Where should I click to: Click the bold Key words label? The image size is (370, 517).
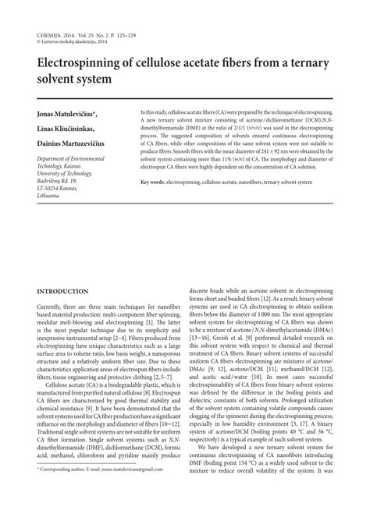click(156, 204)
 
